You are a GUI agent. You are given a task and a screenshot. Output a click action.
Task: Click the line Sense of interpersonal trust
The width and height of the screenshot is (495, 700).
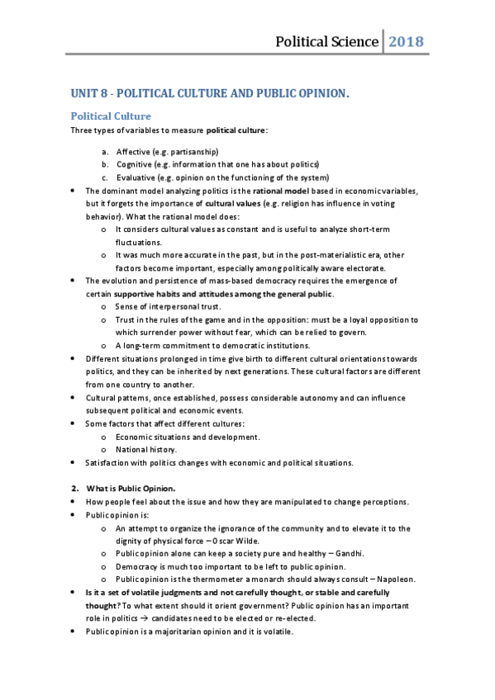click(x=162, y=306)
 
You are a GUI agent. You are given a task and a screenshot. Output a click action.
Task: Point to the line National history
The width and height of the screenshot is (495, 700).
click(x=146, y=449)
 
